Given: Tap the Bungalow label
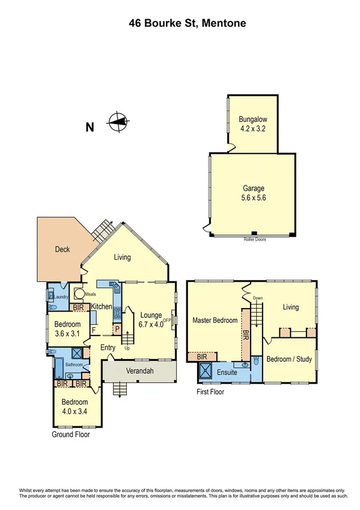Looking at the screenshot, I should tap(252, 118).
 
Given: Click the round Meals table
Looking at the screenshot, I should tap(78, 296).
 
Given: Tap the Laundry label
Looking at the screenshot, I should tap(61, 296).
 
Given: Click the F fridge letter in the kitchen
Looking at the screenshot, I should tap(94, 330).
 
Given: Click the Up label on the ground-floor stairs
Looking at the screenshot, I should tap(127, 348).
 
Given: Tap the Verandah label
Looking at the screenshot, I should tap(139, 372).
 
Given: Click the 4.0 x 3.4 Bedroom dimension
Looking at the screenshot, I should tap(76, 411).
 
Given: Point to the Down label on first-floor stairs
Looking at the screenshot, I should tap(258, 298).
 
